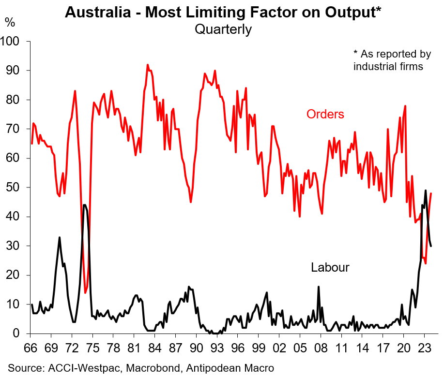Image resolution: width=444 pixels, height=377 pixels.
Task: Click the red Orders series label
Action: tap(325, 115)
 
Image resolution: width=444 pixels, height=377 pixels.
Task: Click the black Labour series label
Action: tap(330, 267)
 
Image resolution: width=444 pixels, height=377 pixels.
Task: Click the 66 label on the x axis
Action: tap(31, 348)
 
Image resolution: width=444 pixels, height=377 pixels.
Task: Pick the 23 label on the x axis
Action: tap(424, 348)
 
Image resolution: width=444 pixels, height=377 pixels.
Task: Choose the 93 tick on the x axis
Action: tap(217, 348)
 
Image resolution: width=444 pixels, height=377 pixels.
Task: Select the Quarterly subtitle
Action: tap(223, 29)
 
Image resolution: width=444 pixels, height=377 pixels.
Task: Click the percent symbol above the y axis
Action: tap(10, 22)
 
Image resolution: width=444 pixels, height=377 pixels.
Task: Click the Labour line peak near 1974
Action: tap(85, 205)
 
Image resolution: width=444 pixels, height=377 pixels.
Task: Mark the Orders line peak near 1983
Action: tap(148, 65)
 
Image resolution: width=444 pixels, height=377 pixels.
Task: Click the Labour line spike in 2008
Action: tap(319, 287)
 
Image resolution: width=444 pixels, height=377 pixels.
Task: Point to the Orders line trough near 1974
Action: tap(85, 292)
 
